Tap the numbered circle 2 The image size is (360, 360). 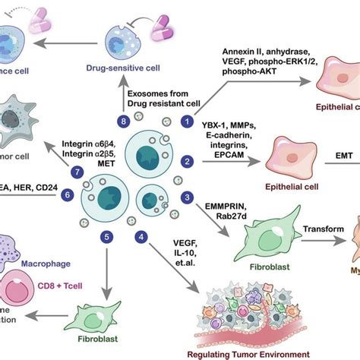(184, 161)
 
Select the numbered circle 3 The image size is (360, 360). (183, 197)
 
